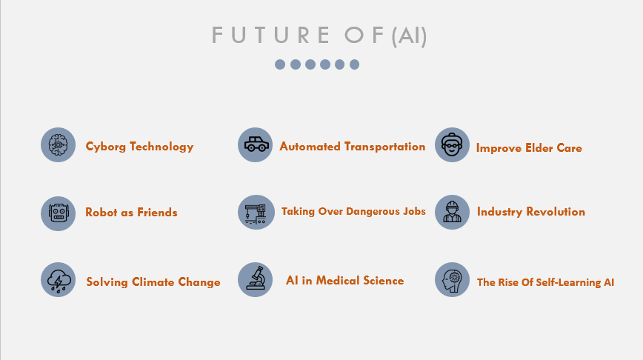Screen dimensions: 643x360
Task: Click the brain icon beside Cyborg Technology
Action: (58, 144)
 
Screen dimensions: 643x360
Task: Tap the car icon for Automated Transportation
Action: (255, 144)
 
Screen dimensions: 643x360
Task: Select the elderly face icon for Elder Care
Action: (452, 144)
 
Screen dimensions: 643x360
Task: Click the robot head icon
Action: (58, 213)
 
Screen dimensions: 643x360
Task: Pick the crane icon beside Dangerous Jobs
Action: (256, 212)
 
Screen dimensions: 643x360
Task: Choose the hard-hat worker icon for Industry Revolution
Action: (452, 212)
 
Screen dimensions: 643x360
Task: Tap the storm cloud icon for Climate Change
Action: (58, 280)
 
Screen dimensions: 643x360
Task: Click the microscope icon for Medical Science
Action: (255, 280)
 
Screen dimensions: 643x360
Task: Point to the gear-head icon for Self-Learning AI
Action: (452, 280)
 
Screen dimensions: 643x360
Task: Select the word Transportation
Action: (384, 147)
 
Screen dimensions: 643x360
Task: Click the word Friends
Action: (157, 213)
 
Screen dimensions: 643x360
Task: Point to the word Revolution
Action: (556, 212)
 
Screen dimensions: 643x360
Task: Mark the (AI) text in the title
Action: (409, 36)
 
